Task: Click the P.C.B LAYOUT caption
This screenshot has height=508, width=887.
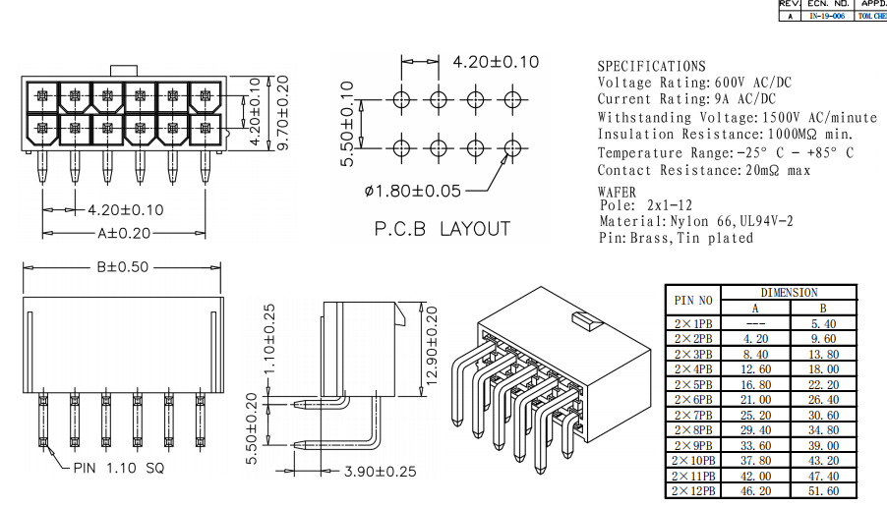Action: point(443,229)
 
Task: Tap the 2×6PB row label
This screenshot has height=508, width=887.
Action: point(694,399)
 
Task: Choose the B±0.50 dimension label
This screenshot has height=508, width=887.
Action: point(122,266)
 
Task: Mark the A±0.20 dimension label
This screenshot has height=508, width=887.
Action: point(124,234)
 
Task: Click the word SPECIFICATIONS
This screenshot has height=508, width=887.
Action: point(652,66)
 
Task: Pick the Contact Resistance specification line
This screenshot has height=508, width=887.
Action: point(704,171)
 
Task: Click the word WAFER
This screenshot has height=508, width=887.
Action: point(617,192)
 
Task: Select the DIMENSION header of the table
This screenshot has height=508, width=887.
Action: point(789,293)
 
